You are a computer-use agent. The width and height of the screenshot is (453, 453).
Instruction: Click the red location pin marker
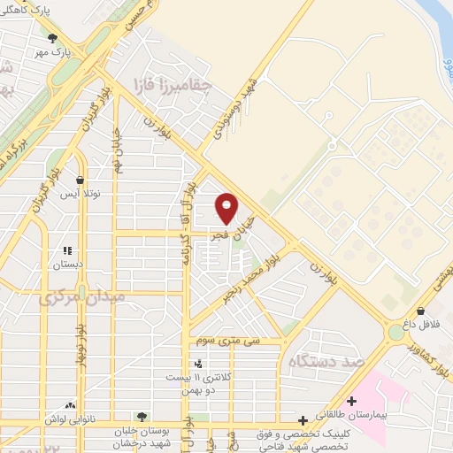(x=227, y=209)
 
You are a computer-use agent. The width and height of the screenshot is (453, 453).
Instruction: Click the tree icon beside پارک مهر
(x=52, y=38)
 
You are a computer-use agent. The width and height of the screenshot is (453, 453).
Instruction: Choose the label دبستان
(x=68, y=264)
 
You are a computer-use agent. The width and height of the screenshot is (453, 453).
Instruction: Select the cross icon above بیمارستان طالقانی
(x=351, y=401)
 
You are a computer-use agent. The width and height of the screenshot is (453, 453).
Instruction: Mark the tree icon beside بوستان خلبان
(x=141, y=415)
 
